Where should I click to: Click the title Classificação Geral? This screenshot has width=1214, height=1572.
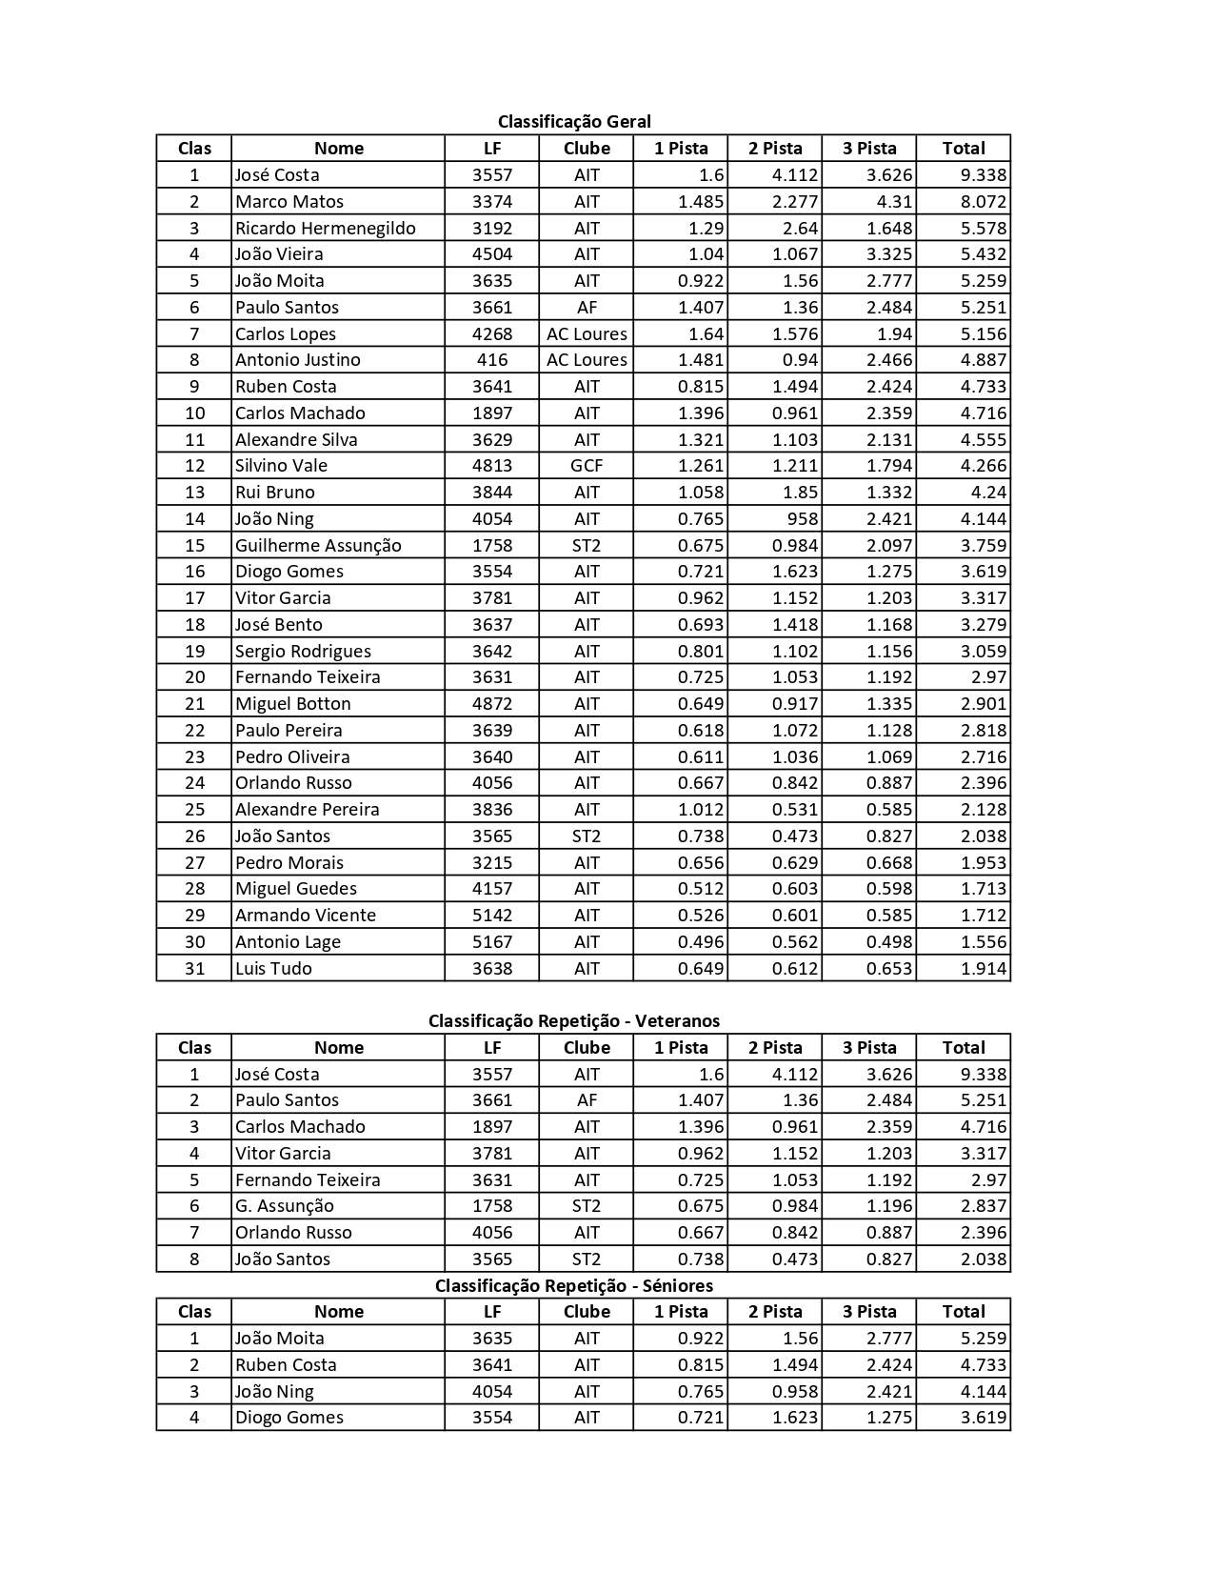coord(574,121)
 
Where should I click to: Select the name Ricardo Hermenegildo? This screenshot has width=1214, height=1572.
coord(326,228)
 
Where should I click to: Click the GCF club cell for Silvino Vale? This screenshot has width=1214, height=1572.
coord(587,466)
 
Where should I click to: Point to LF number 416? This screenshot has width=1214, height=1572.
coord(491,360)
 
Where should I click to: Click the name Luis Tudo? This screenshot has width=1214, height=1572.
coord(273,968)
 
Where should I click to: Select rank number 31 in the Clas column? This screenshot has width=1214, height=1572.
coord(194,968)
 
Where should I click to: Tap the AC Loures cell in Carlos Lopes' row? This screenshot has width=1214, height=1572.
coord(587,333)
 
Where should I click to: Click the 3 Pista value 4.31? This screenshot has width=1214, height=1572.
coord(893,201)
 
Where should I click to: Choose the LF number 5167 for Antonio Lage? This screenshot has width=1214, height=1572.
coord(491,941)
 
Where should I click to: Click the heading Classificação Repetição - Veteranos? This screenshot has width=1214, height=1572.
coord(574,1020)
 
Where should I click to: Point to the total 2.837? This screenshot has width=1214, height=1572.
coord(983,1206)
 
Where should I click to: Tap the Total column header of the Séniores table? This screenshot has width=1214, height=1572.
coord(964,1311)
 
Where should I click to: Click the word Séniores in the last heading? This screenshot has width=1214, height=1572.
coord(678,1285)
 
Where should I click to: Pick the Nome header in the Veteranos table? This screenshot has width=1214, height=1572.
coord(339,1047)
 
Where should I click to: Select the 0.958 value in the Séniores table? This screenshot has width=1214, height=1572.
coord(794,1391)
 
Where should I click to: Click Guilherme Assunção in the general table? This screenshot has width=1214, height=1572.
coord(318,545)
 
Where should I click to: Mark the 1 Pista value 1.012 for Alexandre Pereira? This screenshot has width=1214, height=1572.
coord(700,810)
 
